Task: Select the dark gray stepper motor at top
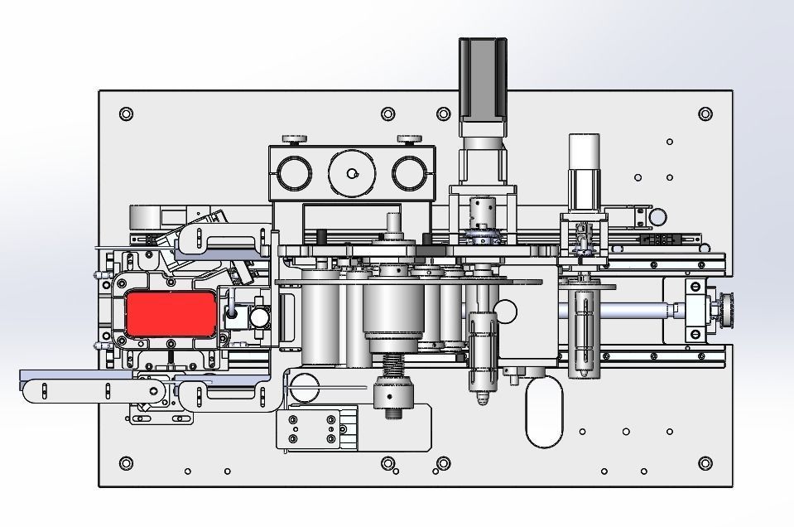[x=482, y=79]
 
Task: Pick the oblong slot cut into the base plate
[x=544, y=412]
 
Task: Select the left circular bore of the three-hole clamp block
[x=294, y=174]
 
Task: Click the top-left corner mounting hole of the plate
[x=126, y=114]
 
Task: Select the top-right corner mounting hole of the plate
[x=705, y=114]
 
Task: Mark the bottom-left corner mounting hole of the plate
[x=126, y=462]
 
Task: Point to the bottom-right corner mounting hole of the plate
[x=705, y=462]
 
